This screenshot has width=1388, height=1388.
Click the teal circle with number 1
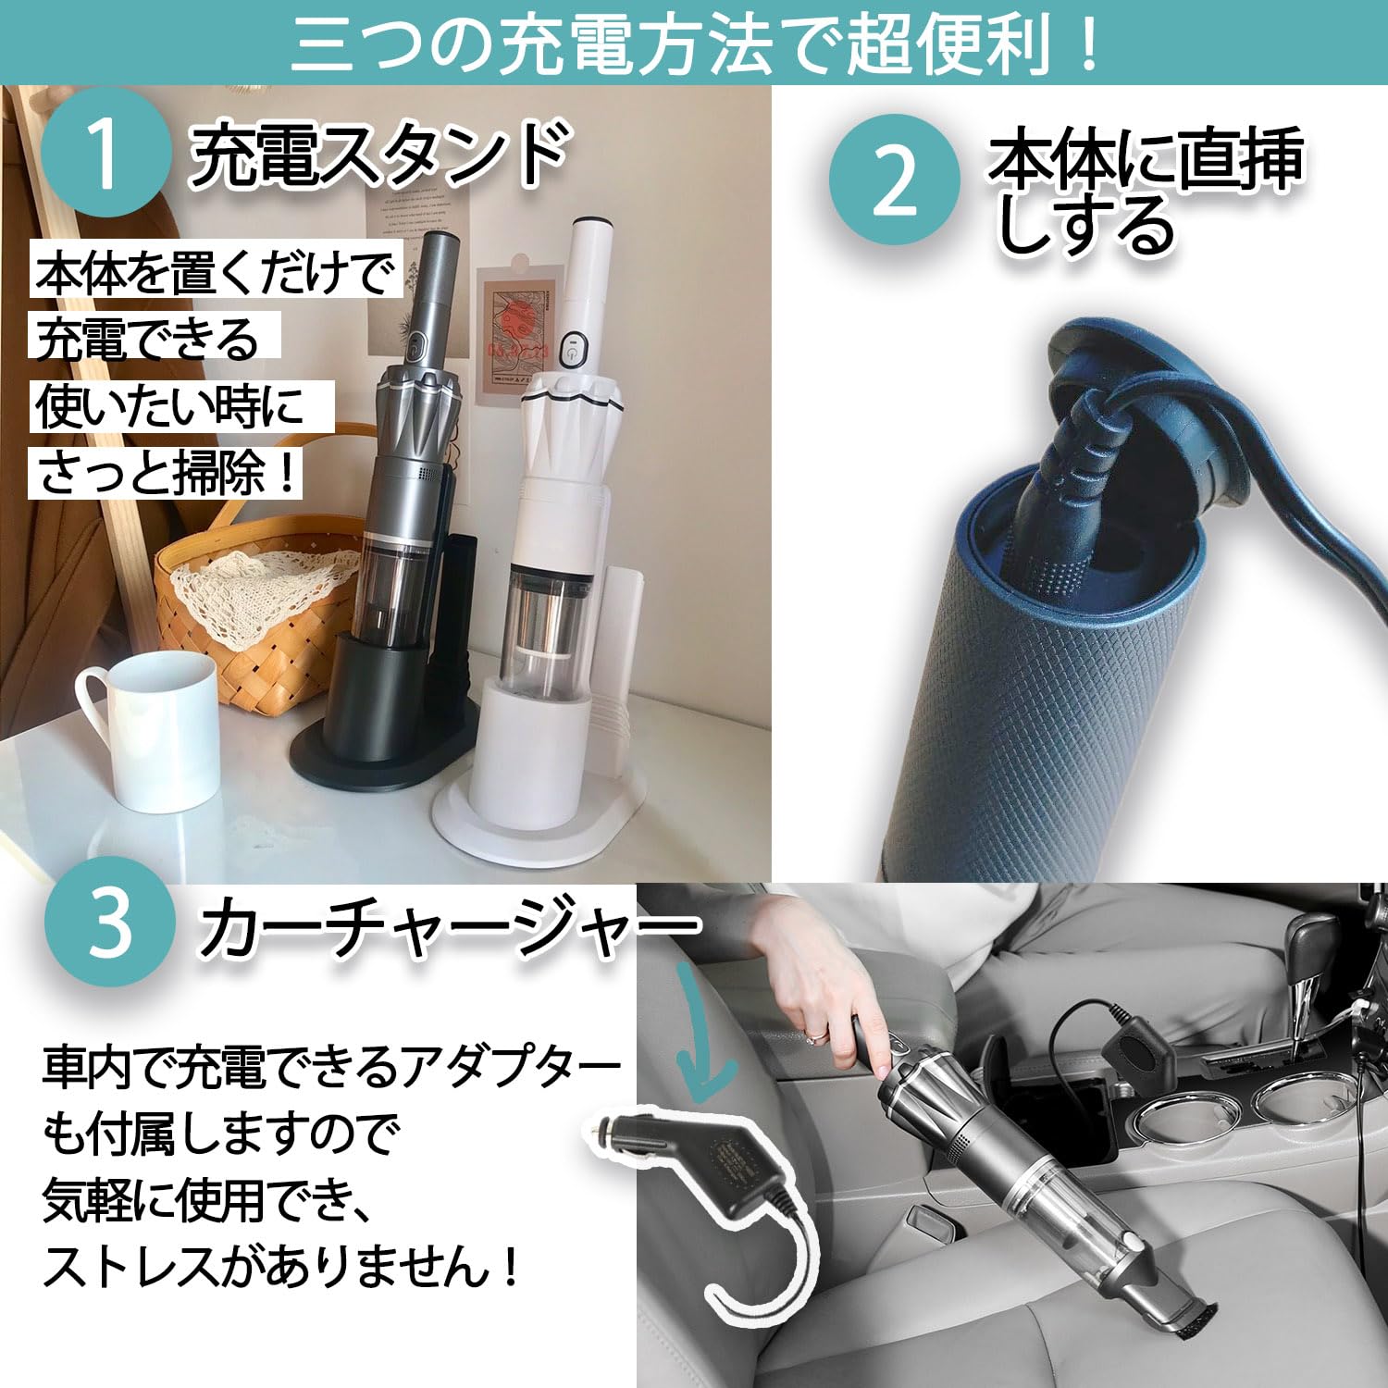[105, 153]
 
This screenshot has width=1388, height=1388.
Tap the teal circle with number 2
[894, 180]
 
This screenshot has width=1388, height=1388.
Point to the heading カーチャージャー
[449, 925]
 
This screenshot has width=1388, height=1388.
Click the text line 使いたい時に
[171, 406]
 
